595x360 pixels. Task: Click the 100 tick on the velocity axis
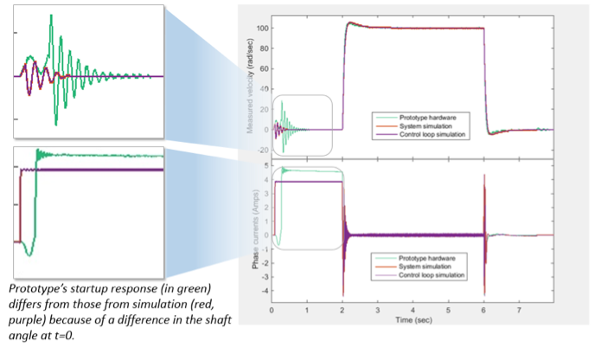click(262, 29)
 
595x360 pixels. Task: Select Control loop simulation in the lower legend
click(438, 276)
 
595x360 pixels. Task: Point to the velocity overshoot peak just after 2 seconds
click(349, 22)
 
